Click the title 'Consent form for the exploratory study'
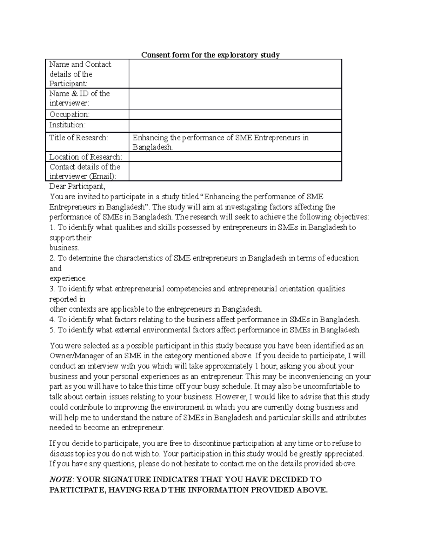tap(210, 55)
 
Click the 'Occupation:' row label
tap(69, 114)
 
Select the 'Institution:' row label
tap(67, 125)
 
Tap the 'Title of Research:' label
tap(79, 138)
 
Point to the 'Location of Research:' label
tap(86, 157)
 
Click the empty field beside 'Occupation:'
tap(235, 114)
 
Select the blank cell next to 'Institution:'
tap(235, 125)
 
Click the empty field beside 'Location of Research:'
tap(235, 157)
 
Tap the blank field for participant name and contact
tap(235, 74)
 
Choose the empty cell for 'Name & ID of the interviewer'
tap(235, 99)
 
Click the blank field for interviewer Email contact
tap(235, 171)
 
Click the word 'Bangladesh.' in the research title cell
tap(153, 147)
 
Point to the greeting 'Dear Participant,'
tap(77, 186)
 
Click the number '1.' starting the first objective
tap(52, 227)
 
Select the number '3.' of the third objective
tap(52, 289)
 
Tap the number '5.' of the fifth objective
tap(52, 330)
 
